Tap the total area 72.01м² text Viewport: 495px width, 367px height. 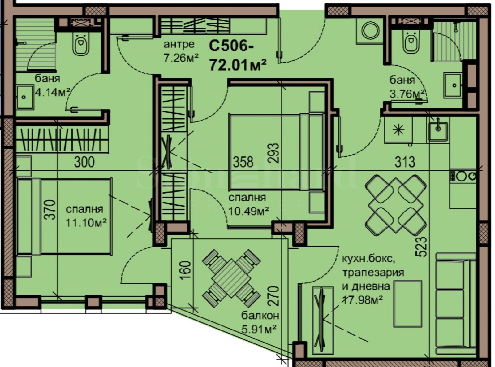point(238,65)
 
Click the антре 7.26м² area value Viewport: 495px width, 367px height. point(181,58)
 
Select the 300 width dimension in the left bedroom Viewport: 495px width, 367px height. point(84,162)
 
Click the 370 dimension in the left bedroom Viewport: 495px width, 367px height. point(51,210)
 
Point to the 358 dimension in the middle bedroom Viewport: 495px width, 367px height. point(243,162)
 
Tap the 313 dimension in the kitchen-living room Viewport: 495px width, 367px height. point(405,162)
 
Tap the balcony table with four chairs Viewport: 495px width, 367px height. point(231,274)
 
